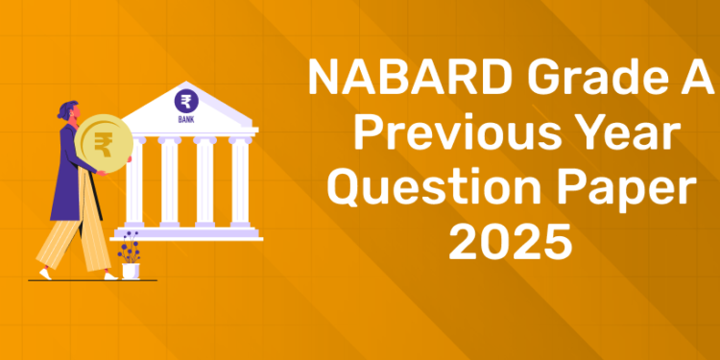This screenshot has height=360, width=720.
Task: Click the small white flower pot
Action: click(x=130, y=270)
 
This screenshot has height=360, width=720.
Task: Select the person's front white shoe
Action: click(x=110, y=276)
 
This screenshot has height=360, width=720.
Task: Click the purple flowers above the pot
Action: click(x=129, y=247)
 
